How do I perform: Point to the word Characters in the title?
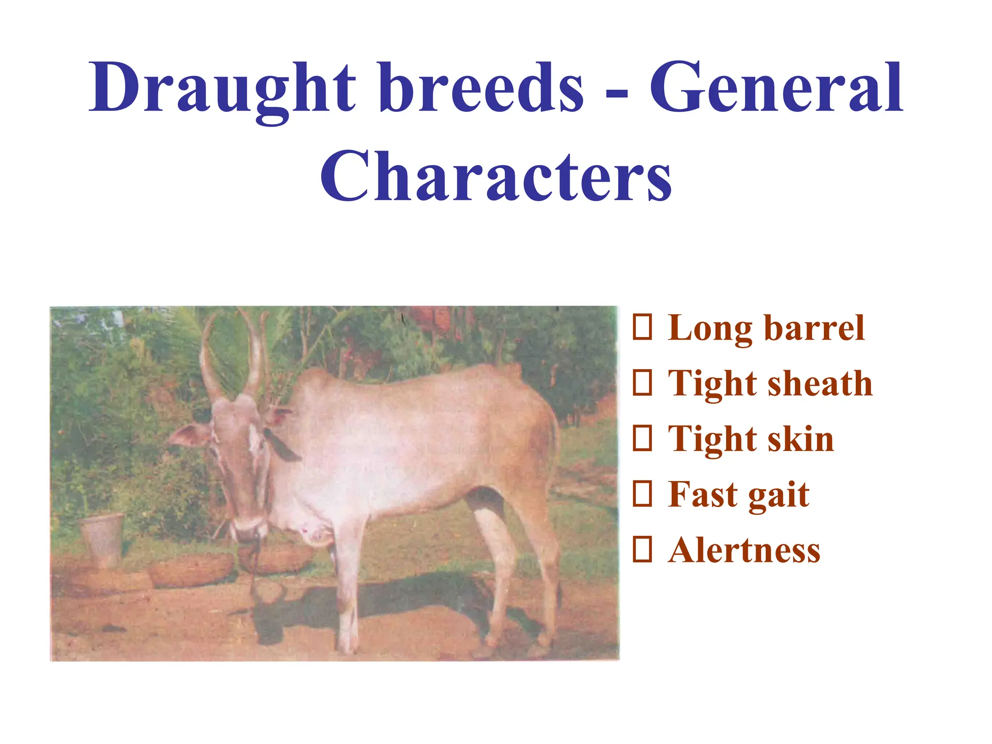[x=496, y=177]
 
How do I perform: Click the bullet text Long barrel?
[x=766, y=329]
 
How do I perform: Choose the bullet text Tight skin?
[x=750, y=439]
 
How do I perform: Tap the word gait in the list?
[x=778, y=495]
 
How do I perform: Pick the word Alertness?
[x=744, y=551]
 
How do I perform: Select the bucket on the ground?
[x=103, y=538]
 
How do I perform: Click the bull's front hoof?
[x=348, y=647]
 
